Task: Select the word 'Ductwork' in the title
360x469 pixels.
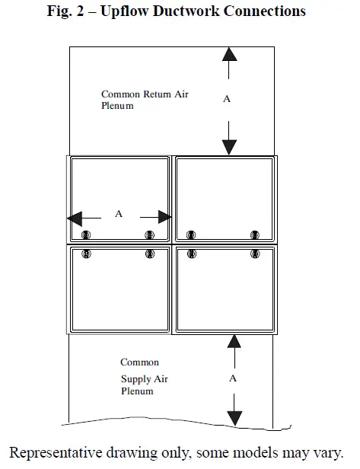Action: pos(190,11)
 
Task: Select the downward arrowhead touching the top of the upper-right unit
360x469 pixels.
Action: pos(230,147)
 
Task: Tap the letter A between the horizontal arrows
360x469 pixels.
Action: pos(118,215)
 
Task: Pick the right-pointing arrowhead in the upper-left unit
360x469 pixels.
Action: pos(163,219)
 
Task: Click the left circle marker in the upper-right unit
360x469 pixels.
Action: pos(191,234)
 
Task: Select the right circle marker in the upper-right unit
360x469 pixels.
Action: pos(254,234)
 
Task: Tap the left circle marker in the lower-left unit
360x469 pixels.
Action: pos(86,253)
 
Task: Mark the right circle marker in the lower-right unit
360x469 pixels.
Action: pos(254,253)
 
